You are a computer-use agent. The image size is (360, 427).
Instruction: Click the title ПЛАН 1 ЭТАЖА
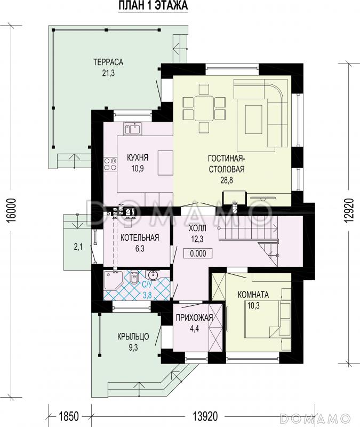click(153, 6)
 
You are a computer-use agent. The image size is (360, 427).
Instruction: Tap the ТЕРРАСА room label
click(108, 62)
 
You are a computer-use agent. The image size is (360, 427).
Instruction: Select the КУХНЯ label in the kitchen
click(138, 157)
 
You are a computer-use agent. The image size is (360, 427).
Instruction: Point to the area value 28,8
click(227, 180)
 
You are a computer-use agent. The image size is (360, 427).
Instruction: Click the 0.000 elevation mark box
click(198, 254)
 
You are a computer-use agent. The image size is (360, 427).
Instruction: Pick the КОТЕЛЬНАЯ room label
click(140, 238)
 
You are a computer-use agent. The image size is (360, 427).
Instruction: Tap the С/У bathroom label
click(148, 285)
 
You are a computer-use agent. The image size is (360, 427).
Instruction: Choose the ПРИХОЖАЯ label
click(194, 318)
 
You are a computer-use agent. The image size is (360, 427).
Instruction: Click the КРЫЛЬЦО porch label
click(133, 337)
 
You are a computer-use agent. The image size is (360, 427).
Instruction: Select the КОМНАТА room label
click(253, 295)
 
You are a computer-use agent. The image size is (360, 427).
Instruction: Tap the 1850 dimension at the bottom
click(69, 416)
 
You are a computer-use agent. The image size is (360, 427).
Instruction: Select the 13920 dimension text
click(205, 416)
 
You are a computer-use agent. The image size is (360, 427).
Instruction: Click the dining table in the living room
click(204, 108)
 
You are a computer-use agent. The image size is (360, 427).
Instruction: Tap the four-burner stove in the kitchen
click(110, 164)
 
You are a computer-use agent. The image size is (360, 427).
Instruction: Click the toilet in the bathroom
click(134, 278)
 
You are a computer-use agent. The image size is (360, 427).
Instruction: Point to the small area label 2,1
click(78, 247)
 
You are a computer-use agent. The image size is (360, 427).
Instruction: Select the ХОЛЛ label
click(197, 228)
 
